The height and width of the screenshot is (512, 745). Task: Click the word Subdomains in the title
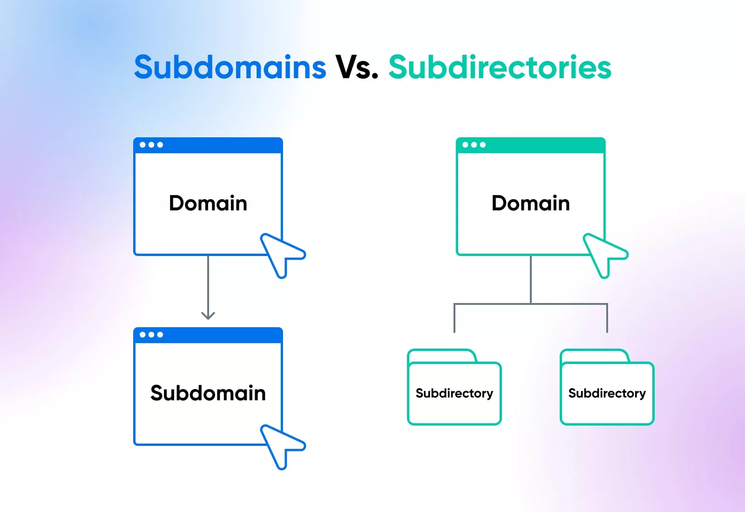click(230, 67)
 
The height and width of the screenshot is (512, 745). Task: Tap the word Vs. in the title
click(357, 67)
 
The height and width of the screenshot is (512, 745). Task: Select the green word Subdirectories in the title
click(500, 67)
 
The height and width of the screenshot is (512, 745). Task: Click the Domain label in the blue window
click(208, 203)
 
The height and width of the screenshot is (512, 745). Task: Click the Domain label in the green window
click(531, 203)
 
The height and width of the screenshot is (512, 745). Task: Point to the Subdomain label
click(208, 393)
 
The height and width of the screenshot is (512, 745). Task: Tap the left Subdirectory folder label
click(454, 393)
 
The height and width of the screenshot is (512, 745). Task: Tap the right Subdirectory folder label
click(607, 393)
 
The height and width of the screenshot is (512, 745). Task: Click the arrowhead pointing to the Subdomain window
click(208, 316)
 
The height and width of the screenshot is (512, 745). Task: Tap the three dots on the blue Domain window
click(151, 145)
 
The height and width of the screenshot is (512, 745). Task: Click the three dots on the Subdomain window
click(151, 335)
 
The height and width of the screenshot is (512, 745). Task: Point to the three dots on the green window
click(474, 145)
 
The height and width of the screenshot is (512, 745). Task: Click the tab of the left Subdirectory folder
click(442, 356)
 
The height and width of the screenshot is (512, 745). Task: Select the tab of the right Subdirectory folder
click(595, 356)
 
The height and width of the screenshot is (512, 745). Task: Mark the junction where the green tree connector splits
click(531, 304)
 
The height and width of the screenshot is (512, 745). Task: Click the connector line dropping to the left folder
click(454, 318)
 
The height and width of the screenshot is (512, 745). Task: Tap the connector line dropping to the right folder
click(607, 318)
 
